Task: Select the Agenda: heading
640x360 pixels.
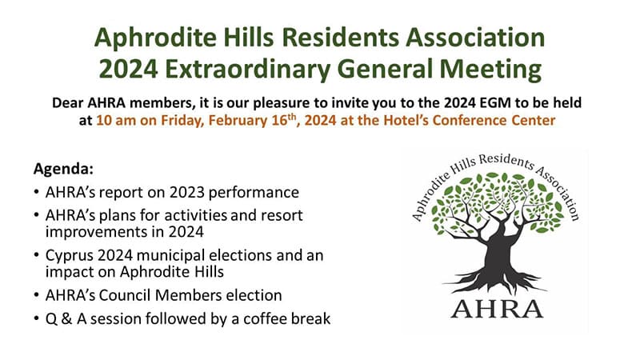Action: [x=63, y=169]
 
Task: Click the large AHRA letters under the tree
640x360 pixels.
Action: [x=497, y=309]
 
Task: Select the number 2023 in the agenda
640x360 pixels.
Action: [x=186, y=192]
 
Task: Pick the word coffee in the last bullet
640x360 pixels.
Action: [x=262, y=318]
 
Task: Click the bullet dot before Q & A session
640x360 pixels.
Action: [x=37, y=318]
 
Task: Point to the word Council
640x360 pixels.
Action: [x=125, y=295]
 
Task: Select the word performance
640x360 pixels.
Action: [x=254, y=193]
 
